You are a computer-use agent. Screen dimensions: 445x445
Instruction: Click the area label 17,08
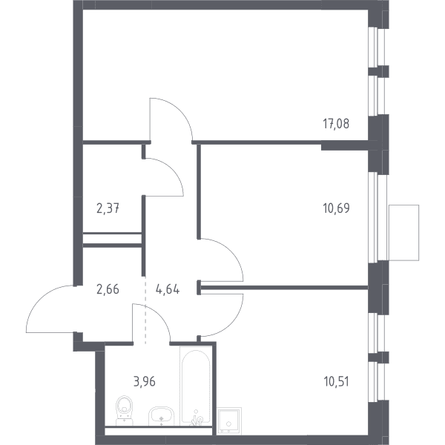pos(336,124)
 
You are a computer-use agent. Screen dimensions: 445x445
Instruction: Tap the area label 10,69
pos(336,208)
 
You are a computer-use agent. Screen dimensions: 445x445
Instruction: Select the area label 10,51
pos(336,382)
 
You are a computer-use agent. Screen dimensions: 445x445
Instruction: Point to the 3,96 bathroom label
pos(145,382)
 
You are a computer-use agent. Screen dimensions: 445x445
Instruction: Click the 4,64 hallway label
pos(168,289)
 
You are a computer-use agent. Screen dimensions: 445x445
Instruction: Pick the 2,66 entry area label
pos(108,289)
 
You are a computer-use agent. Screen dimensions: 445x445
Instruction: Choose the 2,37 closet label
pos(108,209)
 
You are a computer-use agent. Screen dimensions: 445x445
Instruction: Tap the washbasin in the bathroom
pos(161,416)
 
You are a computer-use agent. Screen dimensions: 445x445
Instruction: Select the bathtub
pos(196,386)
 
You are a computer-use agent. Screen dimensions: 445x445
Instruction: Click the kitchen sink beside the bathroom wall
pos(229,421)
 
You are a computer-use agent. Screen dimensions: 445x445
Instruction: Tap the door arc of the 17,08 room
pos(179,111)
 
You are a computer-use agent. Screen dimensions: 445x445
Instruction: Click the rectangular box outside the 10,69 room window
pos(404,233)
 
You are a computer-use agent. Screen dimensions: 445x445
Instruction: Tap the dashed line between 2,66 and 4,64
pos(145,310)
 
